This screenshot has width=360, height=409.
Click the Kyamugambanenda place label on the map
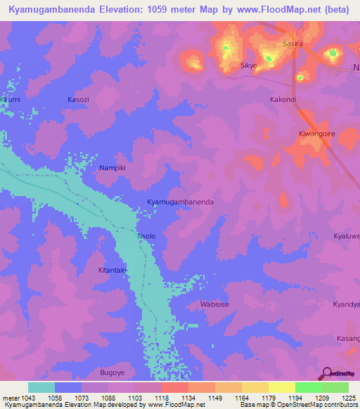coord(180,202)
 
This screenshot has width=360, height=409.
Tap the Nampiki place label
coord(112,169)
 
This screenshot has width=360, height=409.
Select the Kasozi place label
coord(78,100)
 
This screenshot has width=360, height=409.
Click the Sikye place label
coord(249,65)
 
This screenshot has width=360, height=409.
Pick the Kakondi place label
coord(283,100)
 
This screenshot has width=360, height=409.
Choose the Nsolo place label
coord(146,236)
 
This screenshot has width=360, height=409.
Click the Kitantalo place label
coord(111,270)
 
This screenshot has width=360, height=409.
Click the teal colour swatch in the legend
coord(41,387)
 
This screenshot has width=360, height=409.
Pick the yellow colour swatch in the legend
coord(281,387)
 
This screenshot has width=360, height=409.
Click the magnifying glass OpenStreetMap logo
coord(325,373)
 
